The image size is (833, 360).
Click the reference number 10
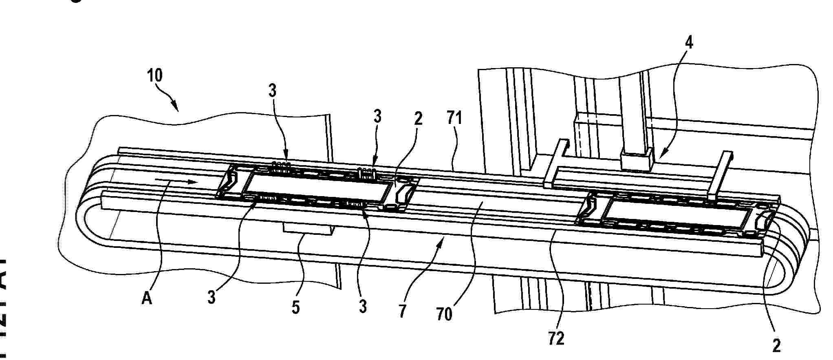(x=155, y=75)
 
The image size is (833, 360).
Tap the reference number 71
(x=454, y=119)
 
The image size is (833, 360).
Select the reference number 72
(x=556, y=338)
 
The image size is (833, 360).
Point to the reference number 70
(x=444, y=314)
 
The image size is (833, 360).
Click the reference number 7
(x=403, y=311)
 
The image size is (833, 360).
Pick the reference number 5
(x=295, y=307)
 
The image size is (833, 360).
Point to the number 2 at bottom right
(x=776, y=346)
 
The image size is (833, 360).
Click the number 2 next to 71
(x=418, y=119)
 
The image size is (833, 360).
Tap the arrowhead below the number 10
(x=176, y=108)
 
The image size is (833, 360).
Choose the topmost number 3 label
(x=273, y=91)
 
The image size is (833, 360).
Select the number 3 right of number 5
(x=363, y=306)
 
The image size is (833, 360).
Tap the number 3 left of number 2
(x=377, y=117)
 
